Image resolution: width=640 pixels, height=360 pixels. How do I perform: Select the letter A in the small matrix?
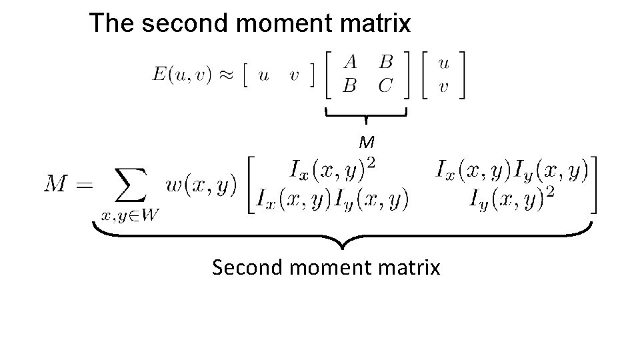[349, 62]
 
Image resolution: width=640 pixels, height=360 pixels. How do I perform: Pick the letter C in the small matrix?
[385, 86]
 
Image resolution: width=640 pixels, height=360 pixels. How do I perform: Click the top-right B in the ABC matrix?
[385, 62]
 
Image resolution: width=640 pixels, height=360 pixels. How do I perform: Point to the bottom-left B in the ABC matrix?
[349, 86]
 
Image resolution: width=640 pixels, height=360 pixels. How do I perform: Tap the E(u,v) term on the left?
[180, 74]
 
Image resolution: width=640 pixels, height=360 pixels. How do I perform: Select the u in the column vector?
[443, 62]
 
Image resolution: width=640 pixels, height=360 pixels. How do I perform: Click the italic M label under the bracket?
[366, 142]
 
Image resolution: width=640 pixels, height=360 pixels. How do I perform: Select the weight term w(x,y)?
[201, 185]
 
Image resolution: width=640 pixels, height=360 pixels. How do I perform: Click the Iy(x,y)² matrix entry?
[511, 196]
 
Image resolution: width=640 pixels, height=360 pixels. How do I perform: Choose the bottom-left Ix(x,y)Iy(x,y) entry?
[331, 197]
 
